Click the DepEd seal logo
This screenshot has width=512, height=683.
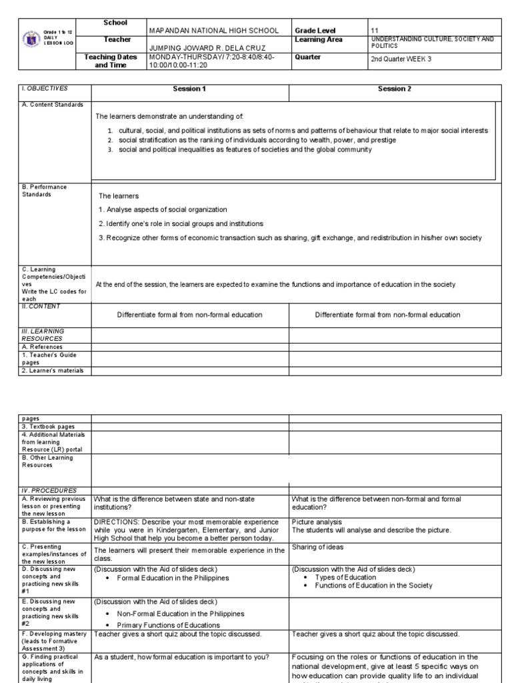(29, 41)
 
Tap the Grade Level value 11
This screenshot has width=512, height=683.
(374, 31)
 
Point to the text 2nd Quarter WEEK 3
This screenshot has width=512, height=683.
(401, 59)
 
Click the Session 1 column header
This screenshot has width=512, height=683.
(189, 89)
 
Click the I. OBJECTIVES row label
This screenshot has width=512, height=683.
(45, 88)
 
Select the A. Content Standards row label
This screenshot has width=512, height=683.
(53, 105)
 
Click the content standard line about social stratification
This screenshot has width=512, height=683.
(257, 140)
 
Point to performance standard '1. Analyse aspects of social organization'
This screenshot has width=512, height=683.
(163, 209)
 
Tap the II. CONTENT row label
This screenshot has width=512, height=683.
(41, 306)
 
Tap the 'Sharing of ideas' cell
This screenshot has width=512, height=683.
(317, 547)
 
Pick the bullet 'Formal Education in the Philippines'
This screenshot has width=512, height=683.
(173, 578)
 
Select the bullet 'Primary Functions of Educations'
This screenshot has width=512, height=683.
(168, 625)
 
